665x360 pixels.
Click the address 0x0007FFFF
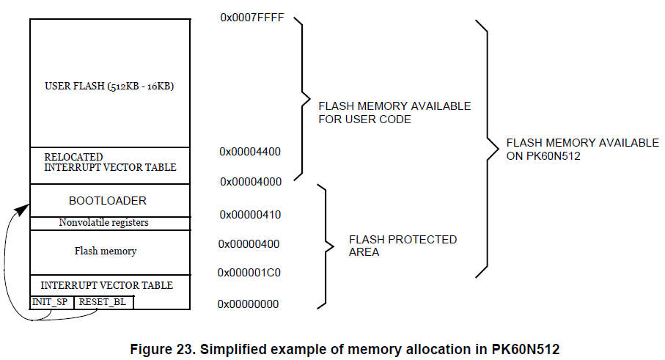point(251,16)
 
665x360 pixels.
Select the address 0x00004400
point(250,151)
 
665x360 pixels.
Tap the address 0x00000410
point(250,215)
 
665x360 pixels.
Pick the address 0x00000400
point(250,243)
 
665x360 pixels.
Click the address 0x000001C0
point(249,273)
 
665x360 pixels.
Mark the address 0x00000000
point(249,304)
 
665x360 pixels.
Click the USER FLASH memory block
point(109,86)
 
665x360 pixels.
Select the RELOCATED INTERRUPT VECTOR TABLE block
point(110,162)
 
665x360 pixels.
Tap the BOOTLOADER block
point(108,200)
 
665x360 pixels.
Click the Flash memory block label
point(106,251)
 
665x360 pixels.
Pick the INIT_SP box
point(51,302)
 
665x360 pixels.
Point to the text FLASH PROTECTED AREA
point(403,246)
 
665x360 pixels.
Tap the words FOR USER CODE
point(365,119)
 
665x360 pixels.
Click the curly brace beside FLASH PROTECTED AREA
point(323,245)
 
